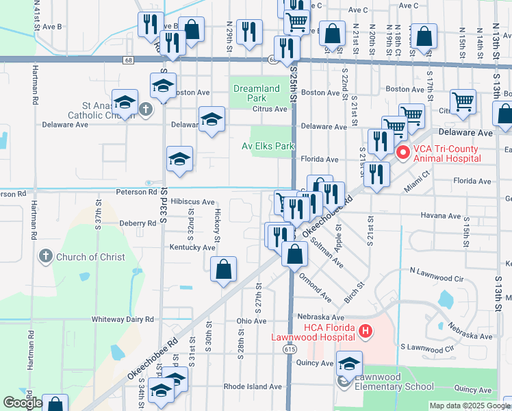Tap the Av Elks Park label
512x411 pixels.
[268, 146]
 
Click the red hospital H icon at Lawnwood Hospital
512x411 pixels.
[366, 332]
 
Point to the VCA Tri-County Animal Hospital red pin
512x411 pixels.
[403, 153]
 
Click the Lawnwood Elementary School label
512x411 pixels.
[394, 386]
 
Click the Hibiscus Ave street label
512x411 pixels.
[192, 202]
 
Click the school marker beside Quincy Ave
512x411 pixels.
[349, 364]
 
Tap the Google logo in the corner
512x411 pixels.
[23, 403]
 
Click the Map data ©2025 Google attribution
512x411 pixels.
[468, 406]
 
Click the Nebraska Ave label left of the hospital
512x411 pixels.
[320, 317]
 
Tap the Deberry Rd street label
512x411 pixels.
[138, 223]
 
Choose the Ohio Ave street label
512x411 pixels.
[251, 321]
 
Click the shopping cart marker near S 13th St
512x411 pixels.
[463, 102]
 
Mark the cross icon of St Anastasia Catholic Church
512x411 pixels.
[145, 109]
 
